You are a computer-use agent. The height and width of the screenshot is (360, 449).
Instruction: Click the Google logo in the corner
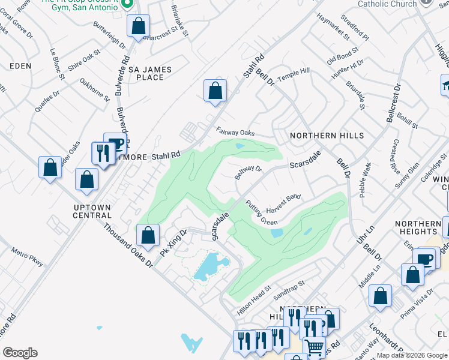click(20, 353)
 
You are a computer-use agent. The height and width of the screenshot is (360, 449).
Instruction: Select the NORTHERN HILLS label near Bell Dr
click(327, 136)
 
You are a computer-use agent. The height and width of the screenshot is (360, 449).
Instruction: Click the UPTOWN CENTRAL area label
click(92, 211)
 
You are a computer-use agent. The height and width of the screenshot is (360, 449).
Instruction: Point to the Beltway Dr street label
click(249, 173)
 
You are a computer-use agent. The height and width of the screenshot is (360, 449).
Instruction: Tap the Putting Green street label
click(261, 212)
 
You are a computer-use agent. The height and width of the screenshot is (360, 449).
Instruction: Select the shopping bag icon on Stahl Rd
click(215, 92)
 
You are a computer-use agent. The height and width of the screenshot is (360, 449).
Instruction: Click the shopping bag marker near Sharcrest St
click(138, 27)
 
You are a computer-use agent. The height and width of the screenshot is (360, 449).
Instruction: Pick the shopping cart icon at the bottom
click(314, 347)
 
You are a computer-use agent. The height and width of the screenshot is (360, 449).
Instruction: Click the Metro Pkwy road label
click(28, 256)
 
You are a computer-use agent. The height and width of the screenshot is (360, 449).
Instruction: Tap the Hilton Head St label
click(255, 293)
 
